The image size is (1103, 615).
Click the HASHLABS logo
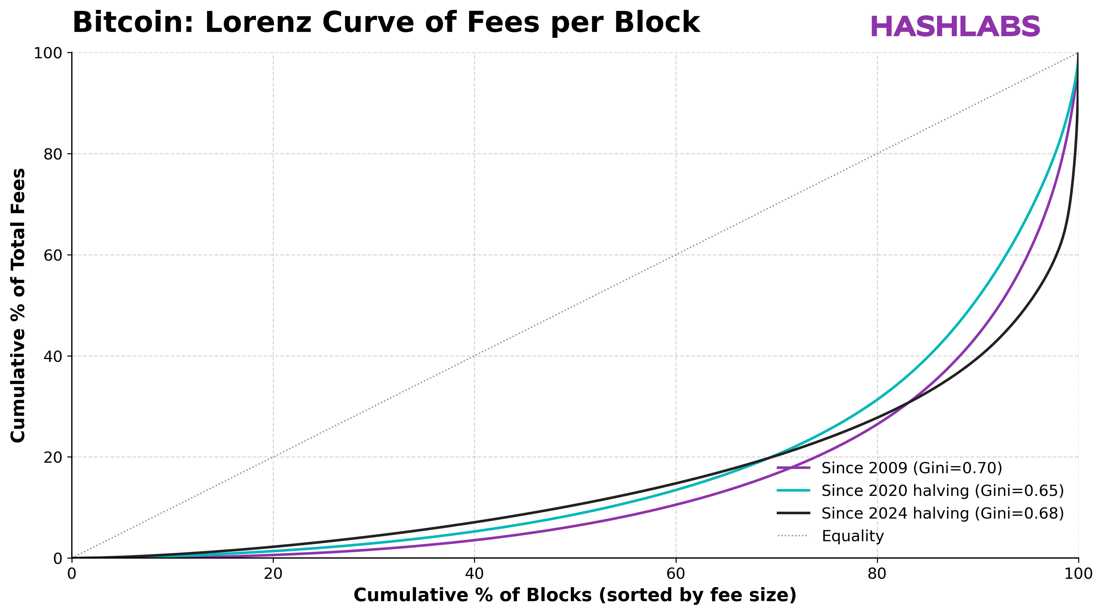[x=955, y=27]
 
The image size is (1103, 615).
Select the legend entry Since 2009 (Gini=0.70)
[x=911, y=468]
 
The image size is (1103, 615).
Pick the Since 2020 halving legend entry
[x=942, y=491]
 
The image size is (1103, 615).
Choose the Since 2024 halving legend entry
[x=942, y=513]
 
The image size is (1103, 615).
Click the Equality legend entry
[x=852, y=536]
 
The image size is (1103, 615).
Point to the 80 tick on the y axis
[x=53, y=154]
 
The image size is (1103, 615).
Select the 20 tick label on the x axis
[x=273, y=574]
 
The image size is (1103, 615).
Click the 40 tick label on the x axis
[x=474, y=574]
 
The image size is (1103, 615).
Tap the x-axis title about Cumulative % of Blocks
[x=575, y=595]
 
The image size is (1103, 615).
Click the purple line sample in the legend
[x=793, y=468]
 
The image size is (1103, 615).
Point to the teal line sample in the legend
[x=793, y=491]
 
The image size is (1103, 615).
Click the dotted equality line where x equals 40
[x=474, y=356]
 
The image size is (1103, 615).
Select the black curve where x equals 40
[x=474, y=522]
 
